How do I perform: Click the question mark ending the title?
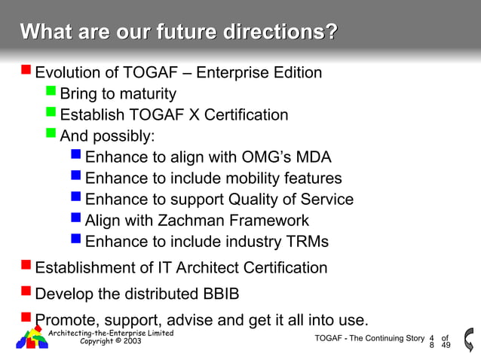[x=330, y=32]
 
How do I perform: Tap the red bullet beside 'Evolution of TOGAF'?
[x=26, y=72]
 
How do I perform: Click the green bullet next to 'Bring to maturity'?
[x=51, y=93]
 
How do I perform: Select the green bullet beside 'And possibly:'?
[x=51, y=135]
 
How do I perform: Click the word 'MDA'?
[x=312, y=157]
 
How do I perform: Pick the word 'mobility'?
[x=253, y=178]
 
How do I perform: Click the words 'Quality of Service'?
[x=296, y=200]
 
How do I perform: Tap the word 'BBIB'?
[x=228, y=292]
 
